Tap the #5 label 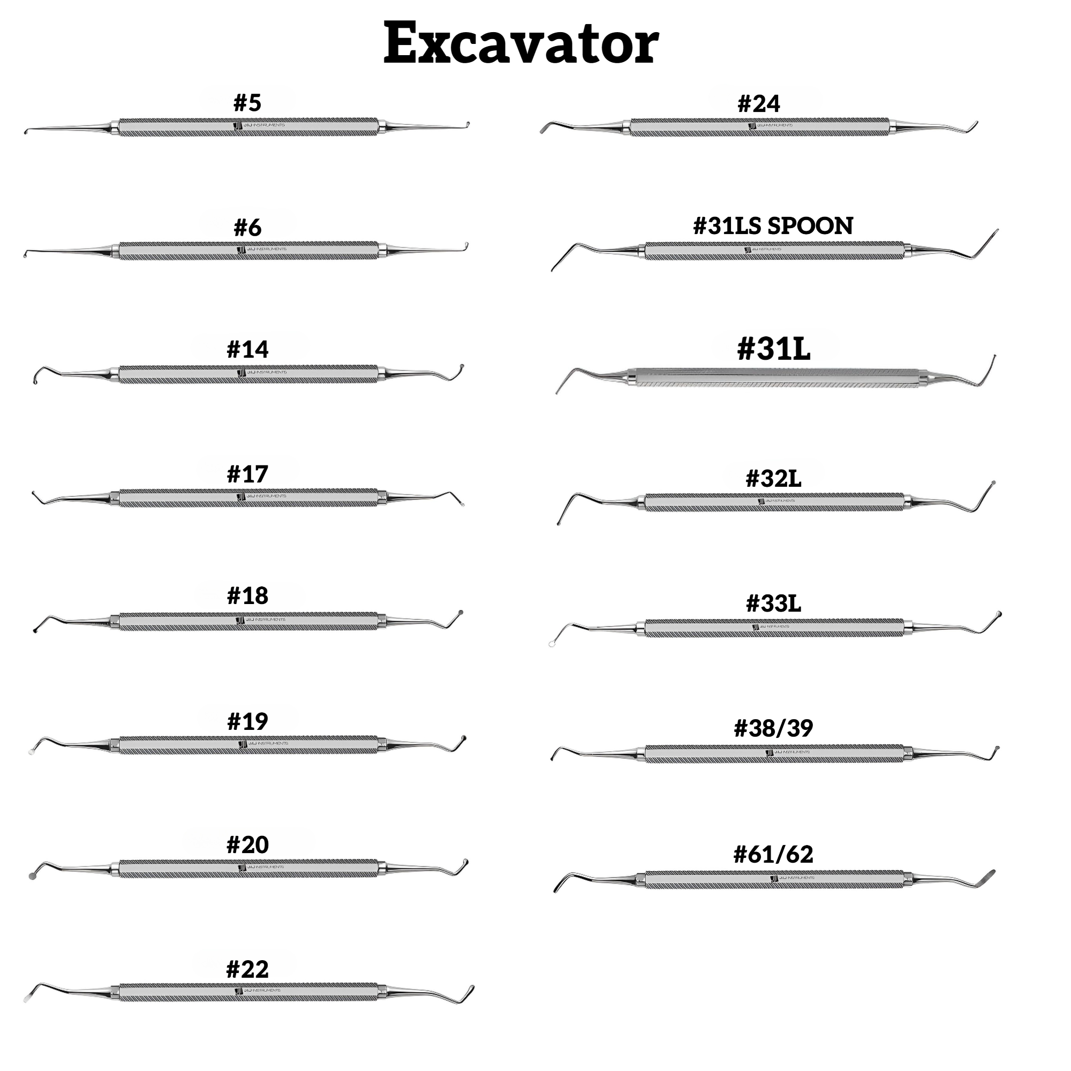(x=247, y=103)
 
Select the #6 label (x=247, y=227)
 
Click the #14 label (x=247, y=350)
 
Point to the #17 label (x=247, y=474)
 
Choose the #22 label (x=247, y=970)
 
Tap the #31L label (x=773, y=349)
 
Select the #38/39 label (x=773, y=728)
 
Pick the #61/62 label (x=773, y=854)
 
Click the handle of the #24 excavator (x=759, y=127)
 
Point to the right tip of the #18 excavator (x=460, y=613)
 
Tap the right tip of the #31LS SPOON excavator (x=997, y=230)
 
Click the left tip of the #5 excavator (x=26, y=132)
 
